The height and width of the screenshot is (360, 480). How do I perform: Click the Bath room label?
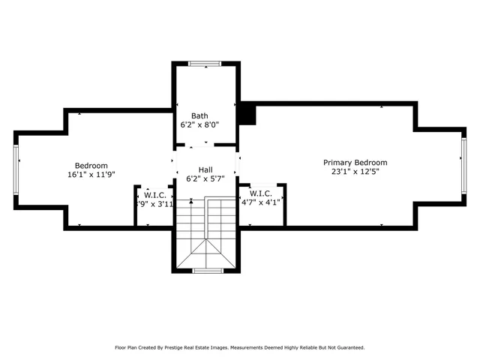pos(199,115)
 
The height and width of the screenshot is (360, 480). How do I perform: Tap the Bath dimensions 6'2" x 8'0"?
pos(199,125)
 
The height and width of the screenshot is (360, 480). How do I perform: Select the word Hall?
pos(205,170)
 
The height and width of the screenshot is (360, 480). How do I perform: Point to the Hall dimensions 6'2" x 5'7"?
pos(205,179)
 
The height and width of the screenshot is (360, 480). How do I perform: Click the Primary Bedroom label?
pos(355,162)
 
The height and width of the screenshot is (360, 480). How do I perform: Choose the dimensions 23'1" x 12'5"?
pos(355,172)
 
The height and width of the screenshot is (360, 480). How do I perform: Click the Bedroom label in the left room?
pos(91,166)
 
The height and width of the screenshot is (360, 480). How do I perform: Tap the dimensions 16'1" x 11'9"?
pos(91,175)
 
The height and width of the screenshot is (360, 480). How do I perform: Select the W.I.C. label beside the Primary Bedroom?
pos(262,192)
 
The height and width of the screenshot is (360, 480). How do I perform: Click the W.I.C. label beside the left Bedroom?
pos(155,194)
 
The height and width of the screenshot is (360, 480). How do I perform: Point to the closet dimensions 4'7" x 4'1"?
pos(261,202)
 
